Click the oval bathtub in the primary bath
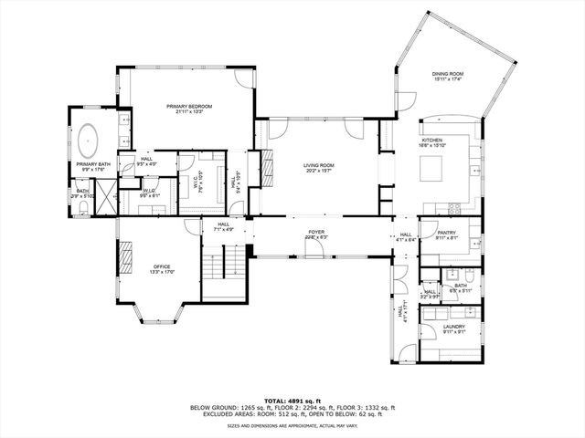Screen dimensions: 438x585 pyautogui.click(x=89, y=143)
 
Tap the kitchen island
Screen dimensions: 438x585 pyautogui.click(x=431, y=168)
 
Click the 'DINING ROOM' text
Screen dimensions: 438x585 pyautogui.click(x=448, y=74)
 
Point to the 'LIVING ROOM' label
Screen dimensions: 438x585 pyautogui.click(x=319, y=165)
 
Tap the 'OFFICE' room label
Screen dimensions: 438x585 pyautogui.click(x=160, y=266)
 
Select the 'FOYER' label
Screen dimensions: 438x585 pyautogui.click(x=316, y=232)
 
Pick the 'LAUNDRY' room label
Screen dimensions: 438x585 pyautogui.click(x=454, y=327)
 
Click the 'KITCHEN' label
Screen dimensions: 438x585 pyautogui.click(x=431, y=140)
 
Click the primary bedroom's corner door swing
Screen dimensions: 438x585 pyautogui.click(x=243, y=78)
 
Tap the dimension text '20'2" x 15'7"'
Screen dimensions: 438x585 pyautogui.click(x=319, y=171)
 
